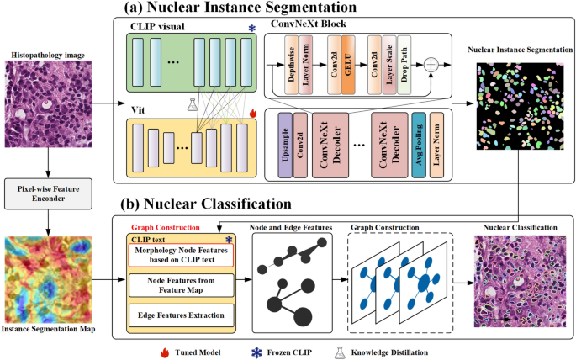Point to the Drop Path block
pos(404,65)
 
